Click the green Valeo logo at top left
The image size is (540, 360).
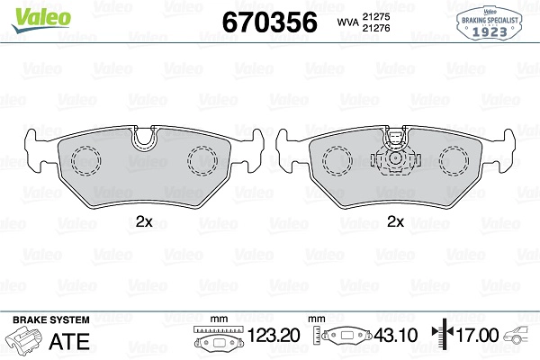[41, 20]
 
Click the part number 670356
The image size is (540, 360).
[270, 22]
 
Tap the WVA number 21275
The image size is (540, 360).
[375, 16]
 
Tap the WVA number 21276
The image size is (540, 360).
[375, 28]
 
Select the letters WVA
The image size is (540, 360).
[347, 22]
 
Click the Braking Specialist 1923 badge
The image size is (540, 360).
[489, 23]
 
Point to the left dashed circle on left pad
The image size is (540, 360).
[86, 160]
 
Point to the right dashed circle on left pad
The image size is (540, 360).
[202, 160]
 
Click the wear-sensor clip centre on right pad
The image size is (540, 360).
[395, 158]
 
